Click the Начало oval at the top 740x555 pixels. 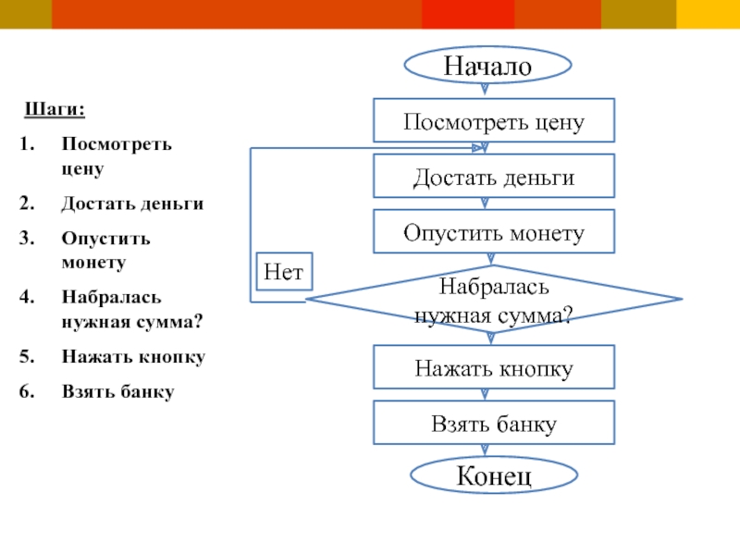coord(487,67)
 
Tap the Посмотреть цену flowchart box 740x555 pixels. coord(493,122)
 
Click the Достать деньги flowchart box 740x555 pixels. coord(493,177)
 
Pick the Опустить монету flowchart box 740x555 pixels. coord(493,232)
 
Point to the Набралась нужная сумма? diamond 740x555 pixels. coord(493,300)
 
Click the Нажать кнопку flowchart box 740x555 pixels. coord(493,368)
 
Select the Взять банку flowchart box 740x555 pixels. coord(493,424)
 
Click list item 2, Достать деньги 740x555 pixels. coord(132,203)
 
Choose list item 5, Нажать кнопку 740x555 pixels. coord(133,356)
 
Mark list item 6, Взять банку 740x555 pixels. coord(118,391)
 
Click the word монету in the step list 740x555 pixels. coord(93,262)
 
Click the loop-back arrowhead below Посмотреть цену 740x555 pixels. coord(482,148)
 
